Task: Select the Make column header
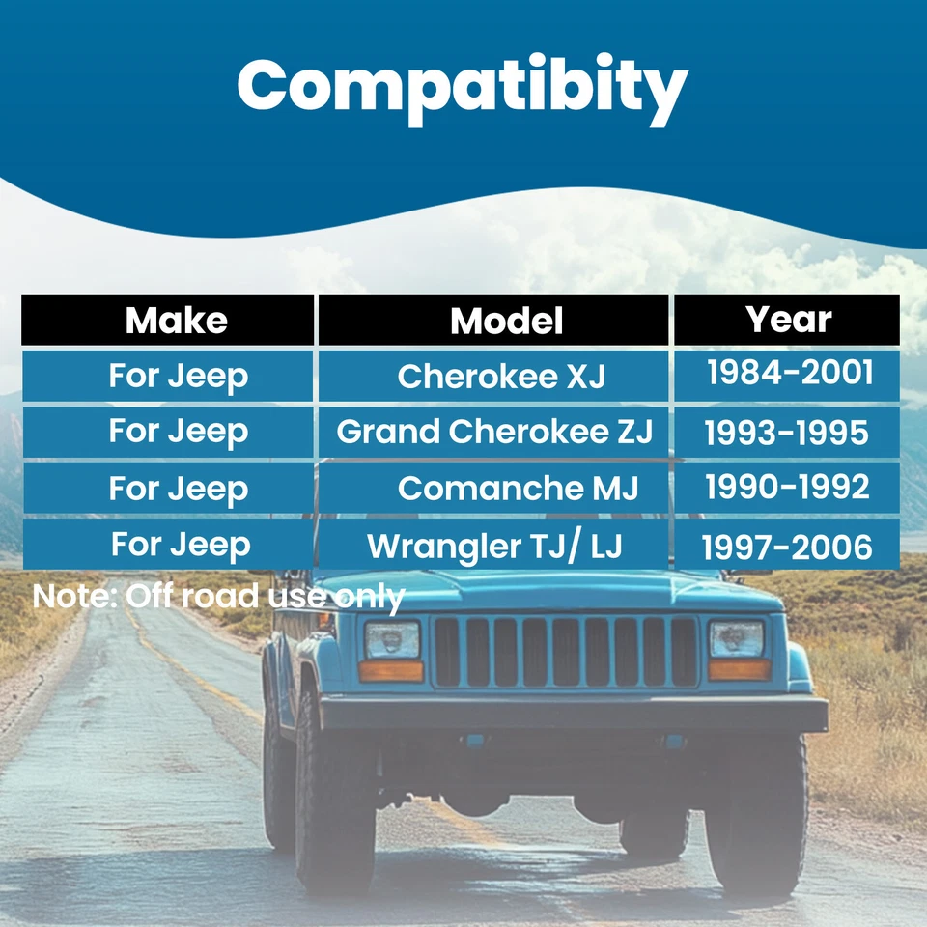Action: click(176, 321)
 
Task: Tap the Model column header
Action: click(506, 321)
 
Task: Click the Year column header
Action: click(788, 320)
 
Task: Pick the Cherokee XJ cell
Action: click(501, 376)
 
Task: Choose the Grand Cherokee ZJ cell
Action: click(494, 432)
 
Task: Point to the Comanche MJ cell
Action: click(518, 488)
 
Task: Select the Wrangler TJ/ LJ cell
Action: click(494, 546)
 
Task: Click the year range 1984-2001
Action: click(789, 373)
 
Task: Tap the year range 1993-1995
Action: click(786, 434)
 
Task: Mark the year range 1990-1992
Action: click(787, 488)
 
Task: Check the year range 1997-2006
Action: click(786, 548)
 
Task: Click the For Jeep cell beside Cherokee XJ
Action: click(178, 375)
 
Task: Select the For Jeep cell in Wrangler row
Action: click(180, 545)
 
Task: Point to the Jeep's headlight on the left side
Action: click(391, 639)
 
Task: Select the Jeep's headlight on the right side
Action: click(737, 638)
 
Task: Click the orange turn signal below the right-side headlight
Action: click(739, 669)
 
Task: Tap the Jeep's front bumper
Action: click(574, 714)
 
